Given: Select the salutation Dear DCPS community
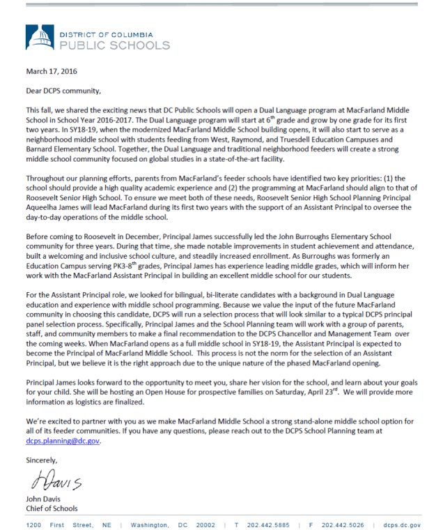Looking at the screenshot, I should (63, 91).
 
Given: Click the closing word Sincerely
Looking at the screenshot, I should (42, 461).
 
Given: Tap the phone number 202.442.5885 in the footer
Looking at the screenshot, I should (268, 525).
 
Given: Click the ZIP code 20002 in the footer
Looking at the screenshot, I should (206, 525).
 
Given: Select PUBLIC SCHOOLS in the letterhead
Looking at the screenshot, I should (115, 45).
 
